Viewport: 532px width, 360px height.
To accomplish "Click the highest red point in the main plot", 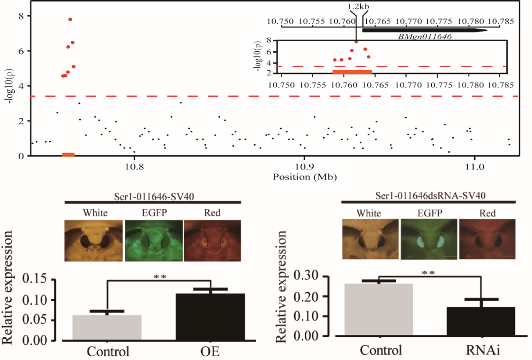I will [70, 19].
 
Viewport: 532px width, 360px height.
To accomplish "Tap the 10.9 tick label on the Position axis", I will [304, 167].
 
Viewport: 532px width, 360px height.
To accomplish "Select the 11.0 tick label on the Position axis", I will [474, 167].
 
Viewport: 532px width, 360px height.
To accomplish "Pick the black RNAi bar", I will [481, 321].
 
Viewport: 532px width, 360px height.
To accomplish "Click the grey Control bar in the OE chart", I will [107, 327].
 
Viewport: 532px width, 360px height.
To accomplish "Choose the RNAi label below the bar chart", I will [481, 350].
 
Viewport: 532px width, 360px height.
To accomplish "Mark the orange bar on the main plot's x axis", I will [68, 155].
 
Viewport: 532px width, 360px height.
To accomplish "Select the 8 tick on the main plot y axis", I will [20, 16].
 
